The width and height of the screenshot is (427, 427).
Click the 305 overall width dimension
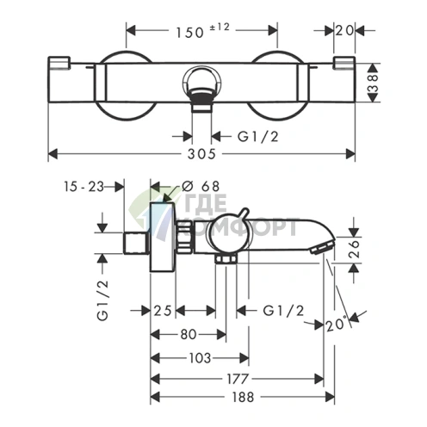point(201,154)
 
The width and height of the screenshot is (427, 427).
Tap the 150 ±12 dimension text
point(202,31)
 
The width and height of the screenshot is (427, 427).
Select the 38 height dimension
point(373,83)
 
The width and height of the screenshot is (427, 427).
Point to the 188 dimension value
point(243,397)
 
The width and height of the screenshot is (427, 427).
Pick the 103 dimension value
point(200,358)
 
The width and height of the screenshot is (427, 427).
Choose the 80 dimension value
point(189,334)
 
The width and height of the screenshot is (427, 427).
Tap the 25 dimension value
point(163,311)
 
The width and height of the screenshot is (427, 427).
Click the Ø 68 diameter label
point(201,187)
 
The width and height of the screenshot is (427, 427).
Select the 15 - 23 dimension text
point(84,187)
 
